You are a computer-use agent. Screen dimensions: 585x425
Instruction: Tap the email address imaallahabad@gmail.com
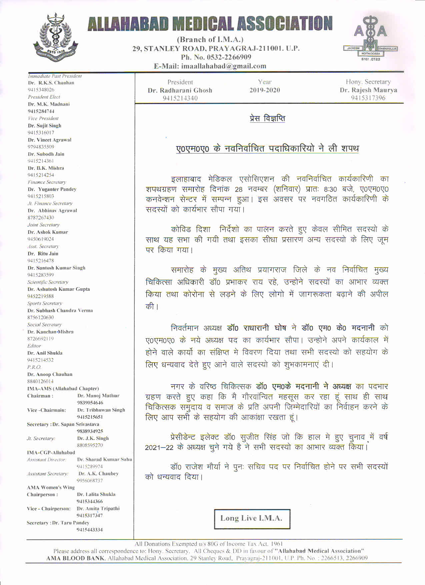[223, 66]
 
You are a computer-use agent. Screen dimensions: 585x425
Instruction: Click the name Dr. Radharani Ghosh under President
[180, 90]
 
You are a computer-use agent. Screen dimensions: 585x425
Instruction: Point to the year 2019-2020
[265, 90]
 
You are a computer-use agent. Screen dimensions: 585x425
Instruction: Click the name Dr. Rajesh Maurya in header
[368, 90]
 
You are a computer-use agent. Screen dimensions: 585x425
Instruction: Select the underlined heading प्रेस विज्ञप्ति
[267, 118]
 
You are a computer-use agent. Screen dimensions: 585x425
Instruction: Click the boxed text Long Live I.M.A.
[251, 518]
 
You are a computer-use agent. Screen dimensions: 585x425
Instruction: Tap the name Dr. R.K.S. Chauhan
[51, 83]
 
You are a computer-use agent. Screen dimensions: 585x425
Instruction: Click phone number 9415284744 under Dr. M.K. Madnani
[41, 111]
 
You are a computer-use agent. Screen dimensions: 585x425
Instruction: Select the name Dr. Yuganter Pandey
[52, 189]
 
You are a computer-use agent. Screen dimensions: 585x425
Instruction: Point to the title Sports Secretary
[45, 303]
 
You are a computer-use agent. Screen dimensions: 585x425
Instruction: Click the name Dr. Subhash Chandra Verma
[60, 311]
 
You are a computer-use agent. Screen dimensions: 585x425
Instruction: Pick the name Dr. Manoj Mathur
[98, 396]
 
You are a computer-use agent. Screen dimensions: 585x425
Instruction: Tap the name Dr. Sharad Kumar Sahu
[104, 459]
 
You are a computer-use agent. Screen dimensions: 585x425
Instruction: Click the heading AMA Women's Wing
[51, 487]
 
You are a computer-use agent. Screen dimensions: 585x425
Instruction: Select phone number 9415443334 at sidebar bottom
[90, 530]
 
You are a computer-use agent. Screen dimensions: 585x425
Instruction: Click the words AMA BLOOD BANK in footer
[76, 558]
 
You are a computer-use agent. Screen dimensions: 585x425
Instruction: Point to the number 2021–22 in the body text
[159, 448]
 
